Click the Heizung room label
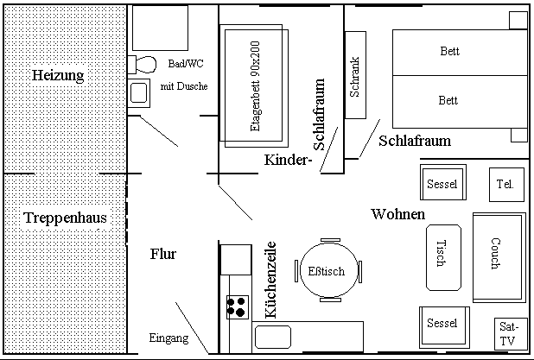click(58, 75)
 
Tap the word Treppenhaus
click(66, 218)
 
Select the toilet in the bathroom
click(142, 64)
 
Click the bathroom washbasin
click(138, 93)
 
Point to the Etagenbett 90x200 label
click(255, 86)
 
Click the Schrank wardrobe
click(355, 75)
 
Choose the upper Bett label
click(449, 51)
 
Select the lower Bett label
click(448, 100)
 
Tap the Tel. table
click(506, 185)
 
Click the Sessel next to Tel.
click(442, 182)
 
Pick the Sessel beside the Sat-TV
click(444, 326)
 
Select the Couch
click(499, 257)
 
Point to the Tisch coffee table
click(444, 257)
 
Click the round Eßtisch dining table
click(328, 270)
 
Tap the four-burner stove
click(238, 307)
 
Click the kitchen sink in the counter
click(273, 337)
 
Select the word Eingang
click(168, 338)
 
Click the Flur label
click(163, 254)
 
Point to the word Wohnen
click(398, 214)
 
